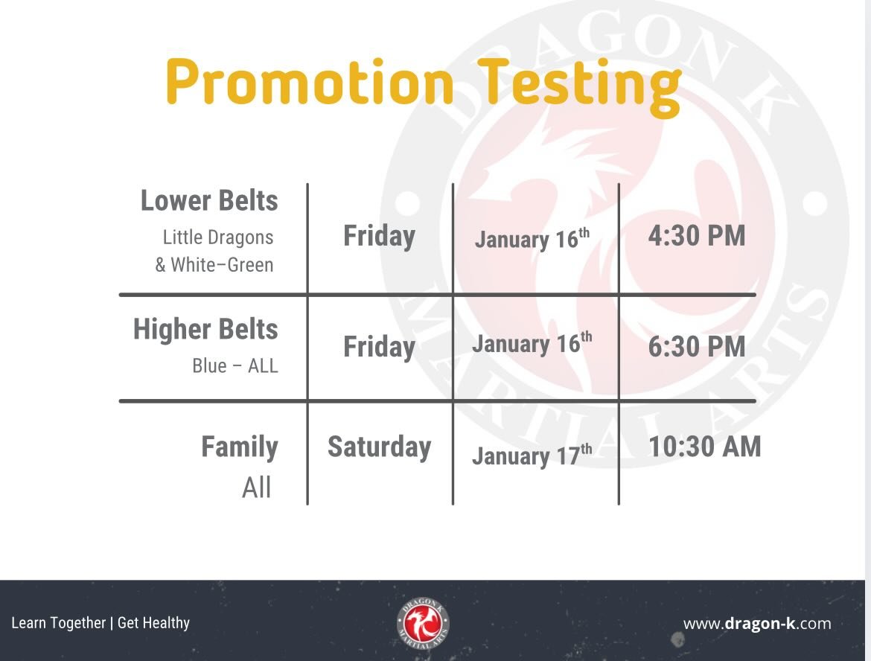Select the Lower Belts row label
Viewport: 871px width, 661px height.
pos(209,200)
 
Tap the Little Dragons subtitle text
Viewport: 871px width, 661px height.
pos(218,237)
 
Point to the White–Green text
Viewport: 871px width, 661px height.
pos(222,264)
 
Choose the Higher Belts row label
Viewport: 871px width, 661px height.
pos(205,329)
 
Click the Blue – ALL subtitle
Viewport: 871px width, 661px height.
pos(235,366)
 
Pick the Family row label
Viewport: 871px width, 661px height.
pos(240,447)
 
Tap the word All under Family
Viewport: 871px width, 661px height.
pos(257,488)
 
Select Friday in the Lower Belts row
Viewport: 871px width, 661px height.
pos(379,236)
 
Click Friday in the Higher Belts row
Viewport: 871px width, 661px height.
pos(379,347)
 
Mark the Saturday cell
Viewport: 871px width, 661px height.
pos(379,447)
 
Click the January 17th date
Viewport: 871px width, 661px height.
pos(532,455)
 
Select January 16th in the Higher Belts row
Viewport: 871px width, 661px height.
pos(532,344)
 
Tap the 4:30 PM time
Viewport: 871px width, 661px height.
pos(696,236)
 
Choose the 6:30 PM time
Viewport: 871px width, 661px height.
pos(696,347)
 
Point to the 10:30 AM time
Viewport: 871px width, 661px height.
pos(704,447)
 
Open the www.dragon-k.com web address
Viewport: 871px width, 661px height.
pos(757,624)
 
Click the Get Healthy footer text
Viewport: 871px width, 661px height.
pos(153,622)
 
